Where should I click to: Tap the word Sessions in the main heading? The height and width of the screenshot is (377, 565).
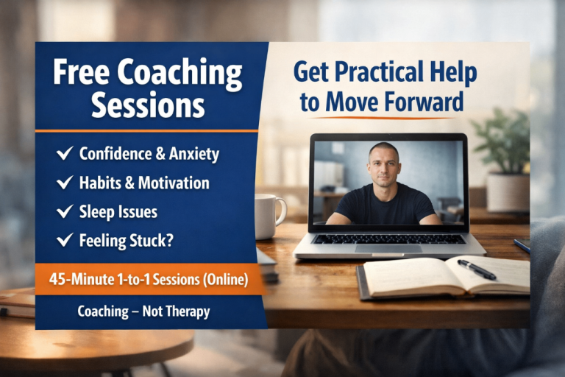point(148,105)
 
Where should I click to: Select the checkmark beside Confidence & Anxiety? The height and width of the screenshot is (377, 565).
point(64,154)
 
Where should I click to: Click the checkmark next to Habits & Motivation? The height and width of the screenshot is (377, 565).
point(64,183)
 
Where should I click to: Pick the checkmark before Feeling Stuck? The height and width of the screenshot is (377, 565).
point(64,240)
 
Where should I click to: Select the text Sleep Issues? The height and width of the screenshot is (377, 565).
point(118,212)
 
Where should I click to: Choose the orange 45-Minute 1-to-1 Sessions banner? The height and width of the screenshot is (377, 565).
point(148,280)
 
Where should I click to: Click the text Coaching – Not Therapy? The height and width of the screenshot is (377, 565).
point(143,311)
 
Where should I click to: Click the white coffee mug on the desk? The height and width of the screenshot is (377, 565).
point(268,215)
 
